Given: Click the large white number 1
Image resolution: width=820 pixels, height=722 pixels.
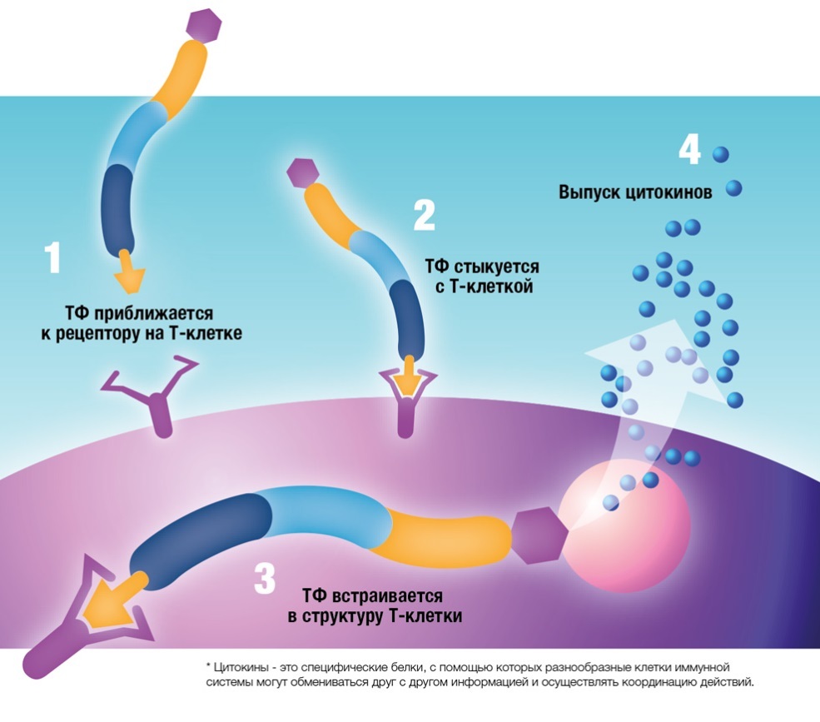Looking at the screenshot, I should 52,258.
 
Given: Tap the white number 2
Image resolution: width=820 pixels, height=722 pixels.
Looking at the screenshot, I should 424,214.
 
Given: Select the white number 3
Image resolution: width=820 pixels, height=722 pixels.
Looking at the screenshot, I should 264,578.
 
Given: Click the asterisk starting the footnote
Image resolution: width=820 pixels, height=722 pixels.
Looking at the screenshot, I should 207,667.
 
